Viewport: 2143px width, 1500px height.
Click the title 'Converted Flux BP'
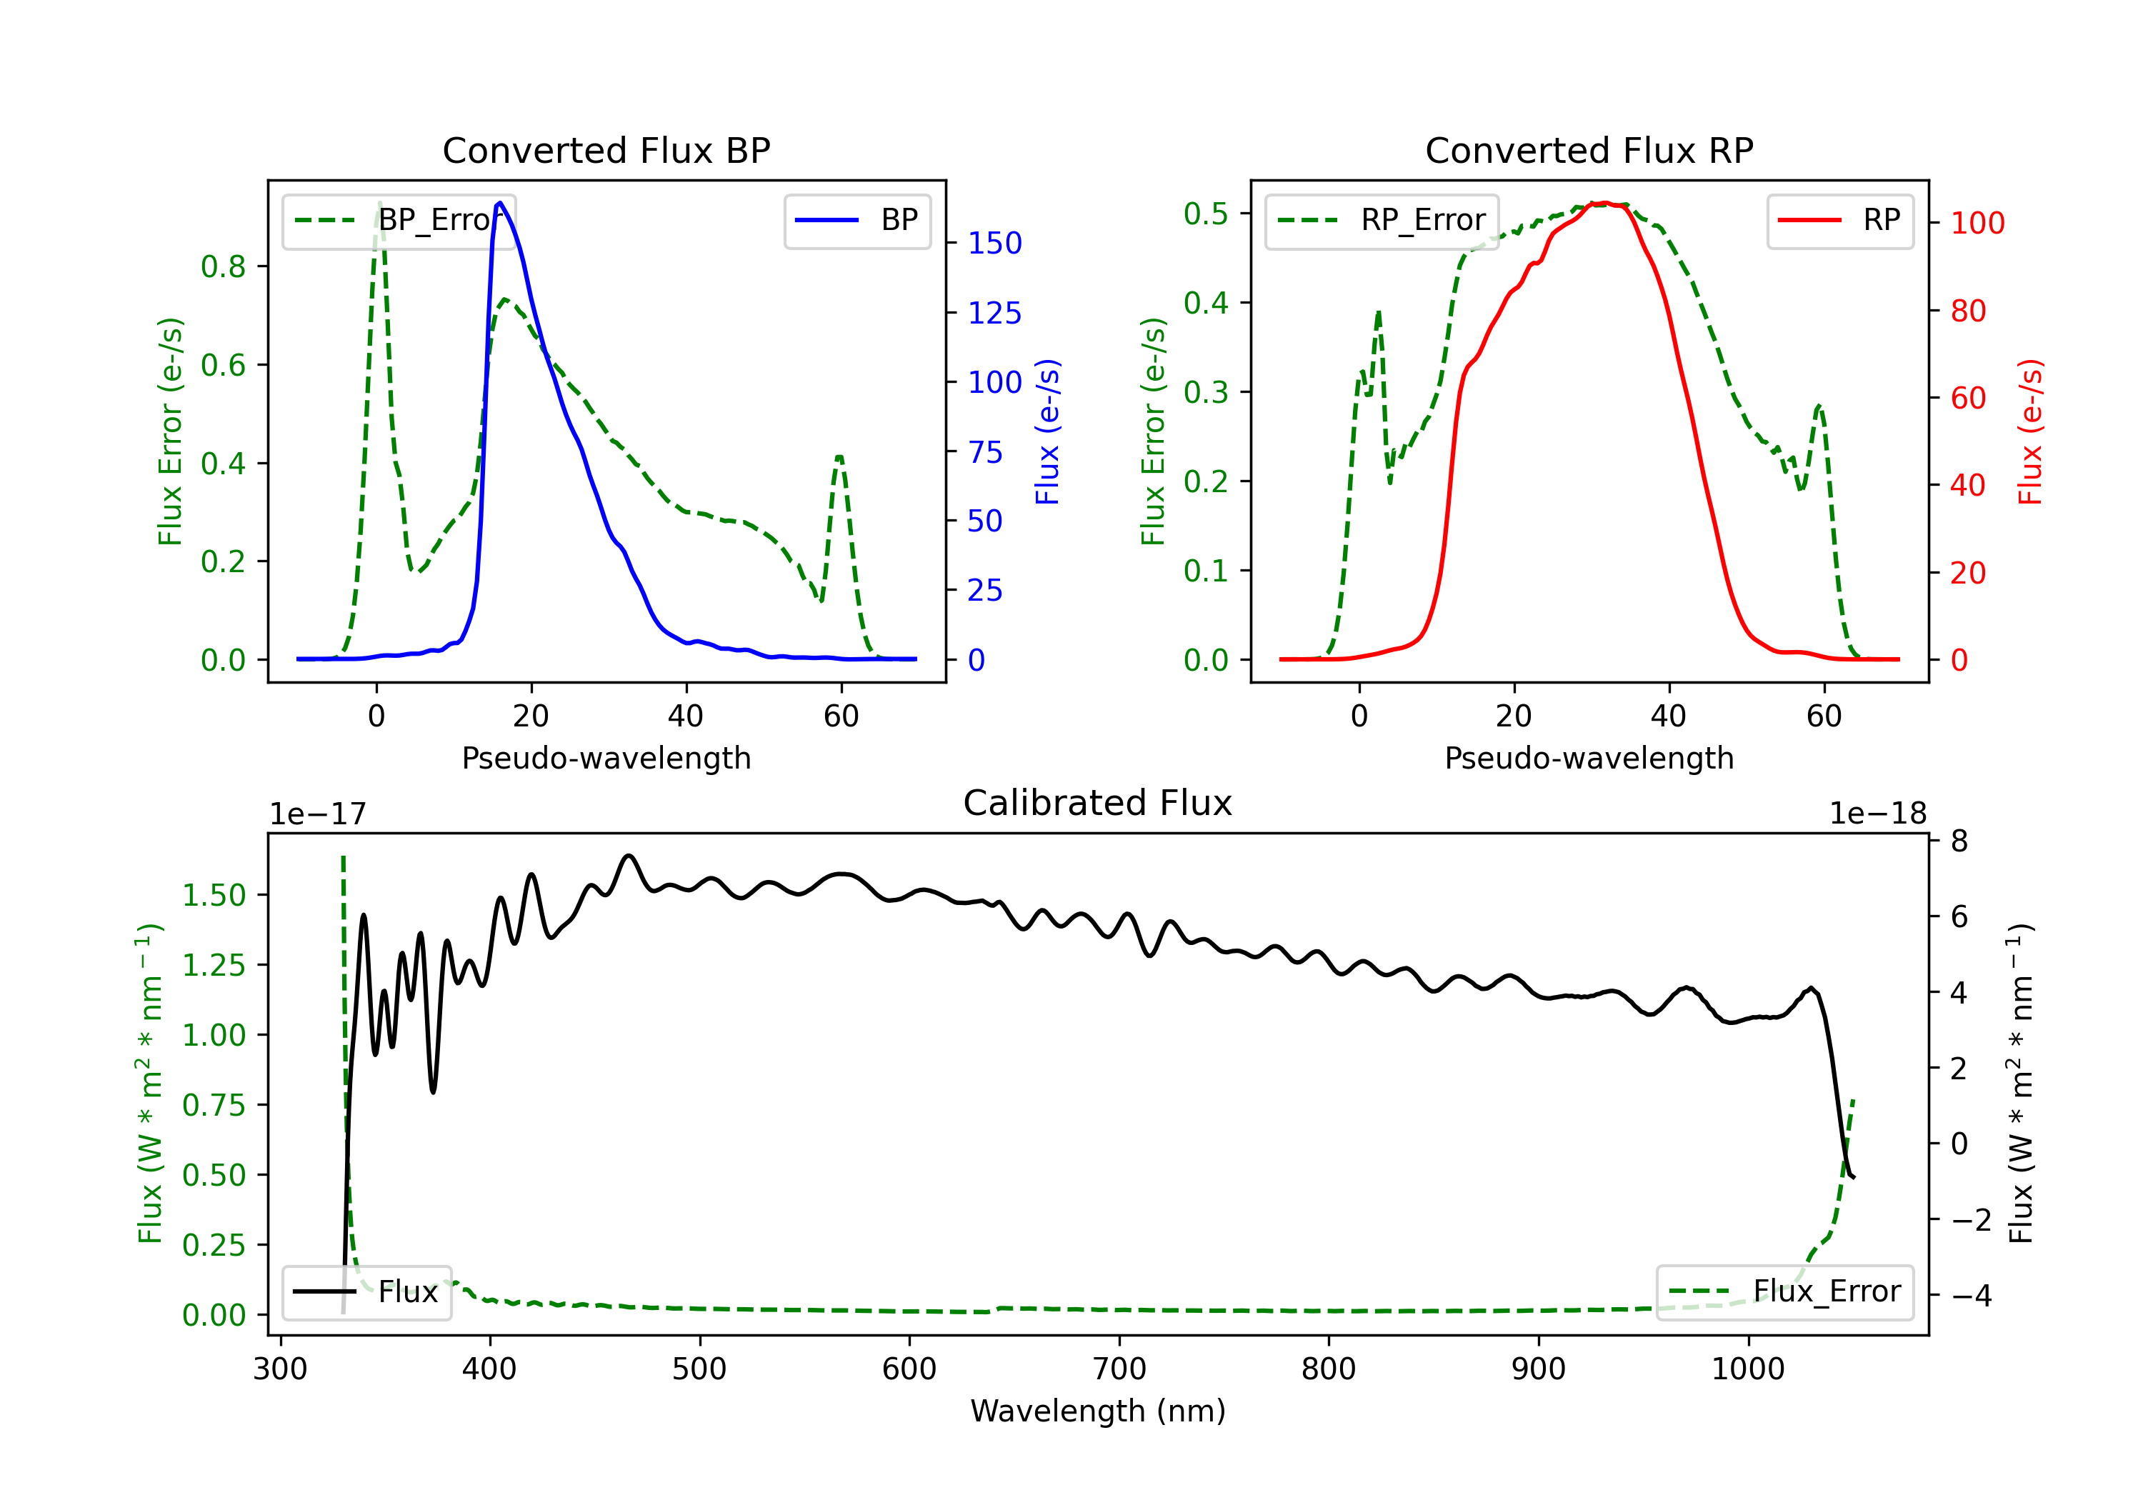pos(606,150)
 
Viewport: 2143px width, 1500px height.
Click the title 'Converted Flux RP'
pos(1589,150)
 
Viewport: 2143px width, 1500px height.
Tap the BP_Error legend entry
pos(399,220)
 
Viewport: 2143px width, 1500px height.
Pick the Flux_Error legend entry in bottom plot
pos(1784,1292)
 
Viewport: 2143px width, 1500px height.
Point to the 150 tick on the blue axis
pos(995,243)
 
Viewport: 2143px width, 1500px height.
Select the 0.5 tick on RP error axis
pos(1206,214)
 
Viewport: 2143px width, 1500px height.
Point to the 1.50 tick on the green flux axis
pos(214,895)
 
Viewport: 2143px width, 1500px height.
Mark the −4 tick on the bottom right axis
pos(1972,1296)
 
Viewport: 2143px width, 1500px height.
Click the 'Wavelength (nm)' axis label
pos(1098,1411)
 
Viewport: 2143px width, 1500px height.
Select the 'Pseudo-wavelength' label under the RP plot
pos(1589,758)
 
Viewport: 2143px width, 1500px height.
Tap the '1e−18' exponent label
pos(1878,814)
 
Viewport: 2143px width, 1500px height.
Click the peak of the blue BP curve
pos(500,203)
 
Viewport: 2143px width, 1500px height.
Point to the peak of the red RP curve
pos(1602,203)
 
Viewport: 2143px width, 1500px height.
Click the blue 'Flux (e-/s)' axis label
pos(1047,431)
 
